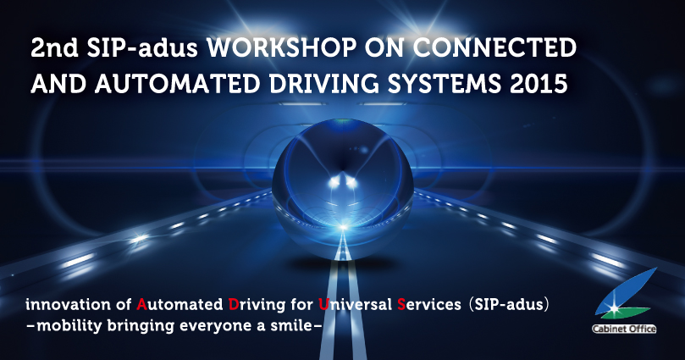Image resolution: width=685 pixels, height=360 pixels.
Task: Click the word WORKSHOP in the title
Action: [x=281, y=48]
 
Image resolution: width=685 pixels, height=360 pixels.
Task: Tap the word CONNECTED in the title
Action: [x=494, y=48]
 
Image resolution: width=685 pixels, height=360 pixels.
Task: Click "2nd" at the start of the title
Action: [x=54, y=48]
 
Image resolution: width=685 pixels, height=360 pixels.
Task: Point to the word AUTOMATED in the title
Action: [x=177, y=83]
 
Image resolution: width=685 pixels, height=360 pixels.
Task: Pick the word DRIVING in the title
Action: [x=323, y=83]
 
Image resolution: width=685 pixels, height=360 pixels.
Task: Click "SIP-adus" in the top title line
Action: [x=142, y=48]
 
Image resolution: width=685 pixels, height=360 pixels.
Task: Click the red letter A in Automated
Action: [x=141, y=304]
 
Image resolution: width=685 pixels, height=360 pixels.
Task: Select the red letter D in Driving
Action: [x=234, y=304]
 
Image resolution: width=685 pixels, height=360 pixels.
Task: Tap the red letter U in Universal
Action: [x=323, y=304]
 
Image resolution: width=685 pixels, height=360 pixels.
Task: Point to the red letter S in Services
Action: [x=401, y=304]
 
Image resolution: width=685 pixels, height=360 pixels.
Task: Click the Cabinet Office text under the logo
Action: [x=624, y=329]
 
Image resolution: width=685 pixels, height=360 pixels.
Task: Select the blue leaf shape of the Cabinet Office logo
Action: [x=626, y=290]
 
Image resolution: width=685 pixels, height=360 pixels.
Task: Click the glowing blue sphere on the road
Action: [x=342, y=189]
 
